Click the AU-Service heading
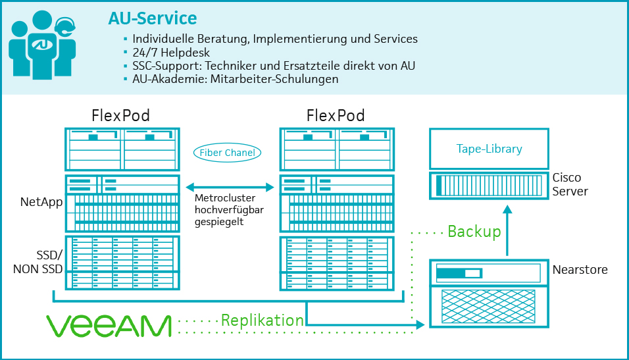coord(152,18)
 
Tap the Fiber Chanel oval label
coord(228,153)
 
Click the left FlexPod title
coord(121,116)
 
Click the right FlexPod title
coord(336,116)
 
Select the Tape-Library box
coord(489,149)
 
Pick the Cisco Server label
coord(570,184)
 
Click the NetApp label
coord(41,202)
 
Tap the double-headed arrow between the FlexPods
coord(229,188)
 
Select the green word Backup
coord(474,232)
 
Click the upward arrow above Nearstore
coord(507,230)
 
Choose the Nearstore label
coord(580,269)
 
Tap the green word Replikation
coord(262,321)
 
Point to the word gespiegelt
coord(219,222)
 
